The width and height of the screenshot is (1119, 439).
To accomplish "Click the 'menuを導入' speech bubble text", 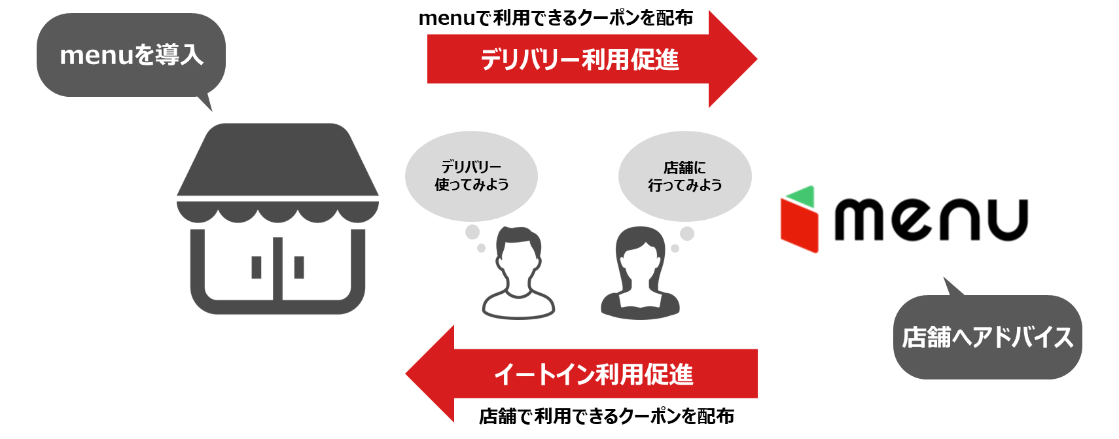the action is (131, 55).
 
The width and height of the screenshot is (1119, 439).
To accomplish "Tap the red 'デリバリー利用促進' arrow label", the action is (580, 60).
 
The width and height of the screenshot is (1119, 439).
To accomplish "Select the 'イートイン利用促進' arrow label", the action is (594, 374).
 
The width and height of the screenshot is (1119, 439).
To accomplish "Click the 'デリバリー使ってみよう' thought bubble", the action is (471, 176).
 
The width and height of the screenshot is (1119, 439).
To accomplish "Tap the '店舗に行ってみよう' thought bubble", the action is (684, 176).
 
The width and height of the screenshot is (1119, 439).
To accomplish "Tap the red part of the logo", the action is (799, 226).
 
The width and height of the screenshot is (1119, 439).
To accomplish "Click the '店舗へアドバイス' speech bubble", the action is (987, 338).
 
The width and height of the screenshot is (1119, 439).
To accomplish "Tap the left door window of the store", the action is (257, 267).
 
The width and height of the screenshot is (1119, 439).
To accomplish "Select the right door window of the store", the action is (299, 267).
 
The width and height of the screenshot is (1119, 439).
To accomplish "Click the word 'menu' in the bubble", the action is (96, 56).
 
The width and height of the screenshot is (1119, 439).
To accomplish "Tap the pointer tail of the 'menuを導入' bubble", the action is (205, 103).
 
